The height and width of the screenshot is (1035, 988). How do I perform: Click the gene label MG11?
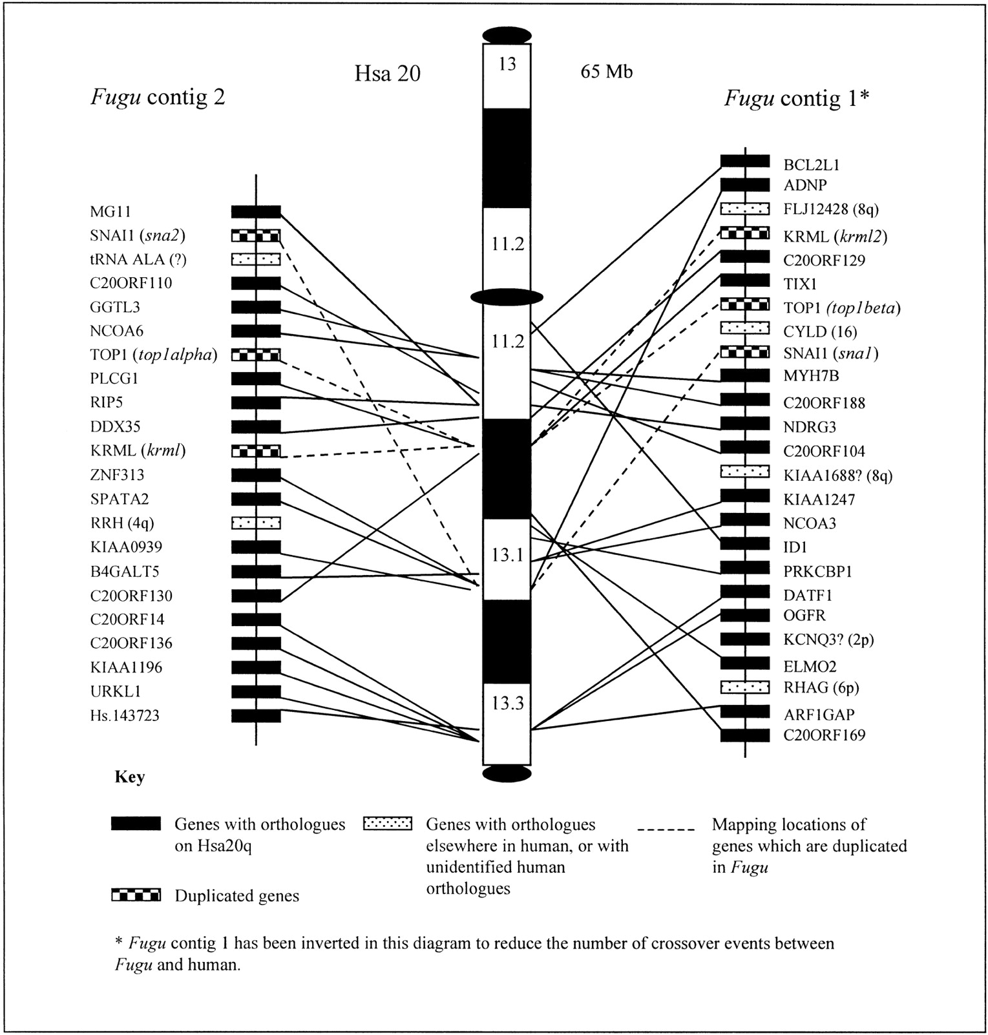coord(110,211)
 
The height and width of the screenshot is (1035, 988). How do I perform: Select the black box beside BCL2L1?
coord(744,162)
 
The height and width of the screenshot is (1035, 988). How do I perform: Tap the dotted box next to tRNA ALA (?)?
coord(256,259)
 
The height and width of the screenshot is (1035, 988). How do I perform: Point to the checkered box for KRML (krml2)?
coord(744,233)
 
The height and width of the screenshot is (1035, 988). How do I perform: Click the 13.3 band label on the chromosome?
coord(507,703)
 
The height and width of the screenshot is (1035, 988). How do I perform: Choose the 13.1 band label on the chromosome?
coord(507,554)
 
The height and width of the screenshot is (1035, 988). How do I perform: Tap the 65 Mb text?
coord(606,72)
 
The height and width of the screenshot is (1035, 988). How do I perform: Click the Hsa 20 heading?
coord(387,73)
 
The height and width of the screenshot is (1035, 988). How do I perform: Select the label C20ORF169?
coord(824,735)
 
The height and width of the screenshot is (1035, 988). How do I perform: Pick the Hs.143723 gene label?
coord(125,716)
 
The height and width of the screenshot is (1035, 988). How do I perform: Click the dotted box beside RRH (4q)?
coord(256,522)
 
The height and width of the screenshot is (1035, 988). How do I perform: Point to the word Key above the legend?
coord(129,777)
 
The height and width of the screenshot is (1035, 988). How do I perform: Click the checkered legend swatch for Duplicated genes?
coord(136,895)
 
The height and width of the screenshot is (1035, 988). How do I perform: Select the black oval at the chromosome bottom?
coord(507,773)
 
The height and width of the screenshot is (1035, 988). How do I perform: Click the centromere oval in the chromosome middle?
coord(507,297)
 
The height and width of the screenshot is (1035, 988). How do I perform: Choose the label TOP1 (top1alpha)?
coord(154,355)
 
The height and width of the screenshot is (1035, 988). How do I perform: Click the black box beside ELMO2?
coord(744,663)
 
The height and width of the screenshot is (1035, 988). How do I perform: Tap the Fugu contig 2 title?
coord(158,97)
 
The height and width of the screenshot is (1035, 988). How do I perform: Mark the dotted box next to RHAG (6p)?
coord(744,687)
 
